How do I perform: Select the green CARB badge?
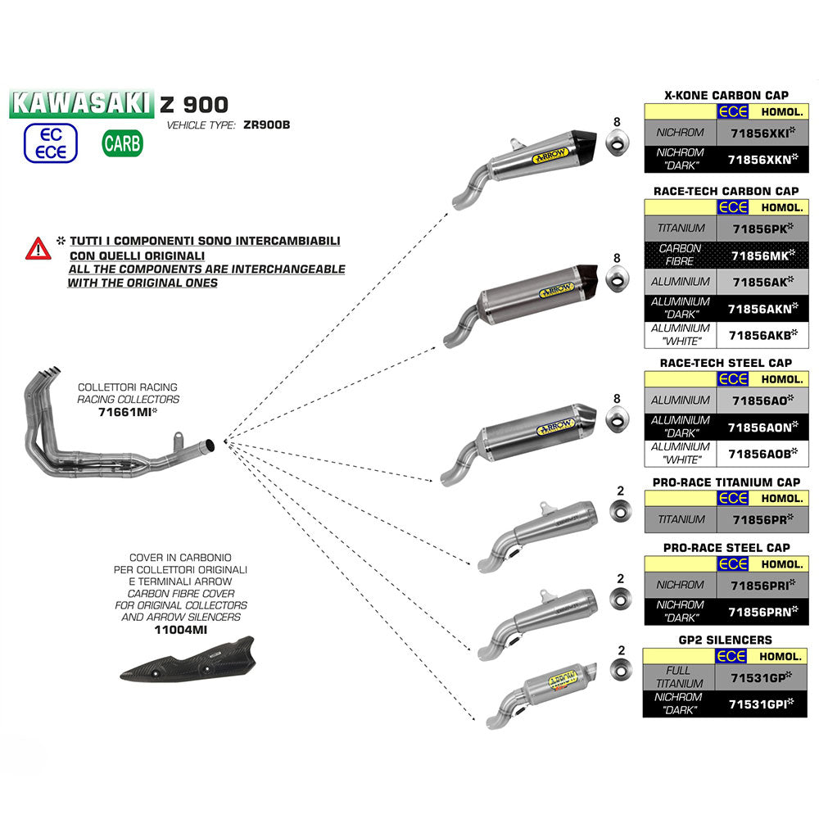pyautogui.click(x=122, y=143)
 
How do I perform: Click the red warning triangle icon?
pyautogui.click(x=38, y=247)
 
